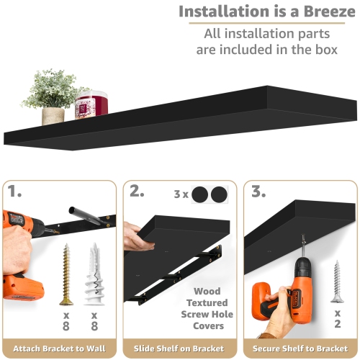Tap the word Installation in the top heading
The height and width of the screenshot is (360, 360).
pos(220,12)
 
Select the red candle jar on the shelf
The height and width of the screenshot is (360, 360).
pos(91,104)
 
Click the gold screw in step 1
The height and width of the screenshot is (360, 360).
pos(67,274)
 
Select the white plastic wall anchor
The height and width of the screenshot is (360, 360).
pos(94,274)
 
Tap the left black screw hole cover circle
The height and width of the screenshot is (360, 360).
pos(199,194)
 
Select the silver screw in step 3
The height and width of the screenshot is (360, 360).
pos(336,281)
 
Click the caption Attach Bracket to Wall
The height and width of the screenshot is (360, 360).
pos(60,349)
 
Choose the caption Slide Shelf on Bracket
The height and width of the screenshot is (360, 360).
pos(180,349)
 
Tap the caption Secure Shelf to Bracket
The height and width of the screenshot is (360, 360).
pos(300,349)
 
